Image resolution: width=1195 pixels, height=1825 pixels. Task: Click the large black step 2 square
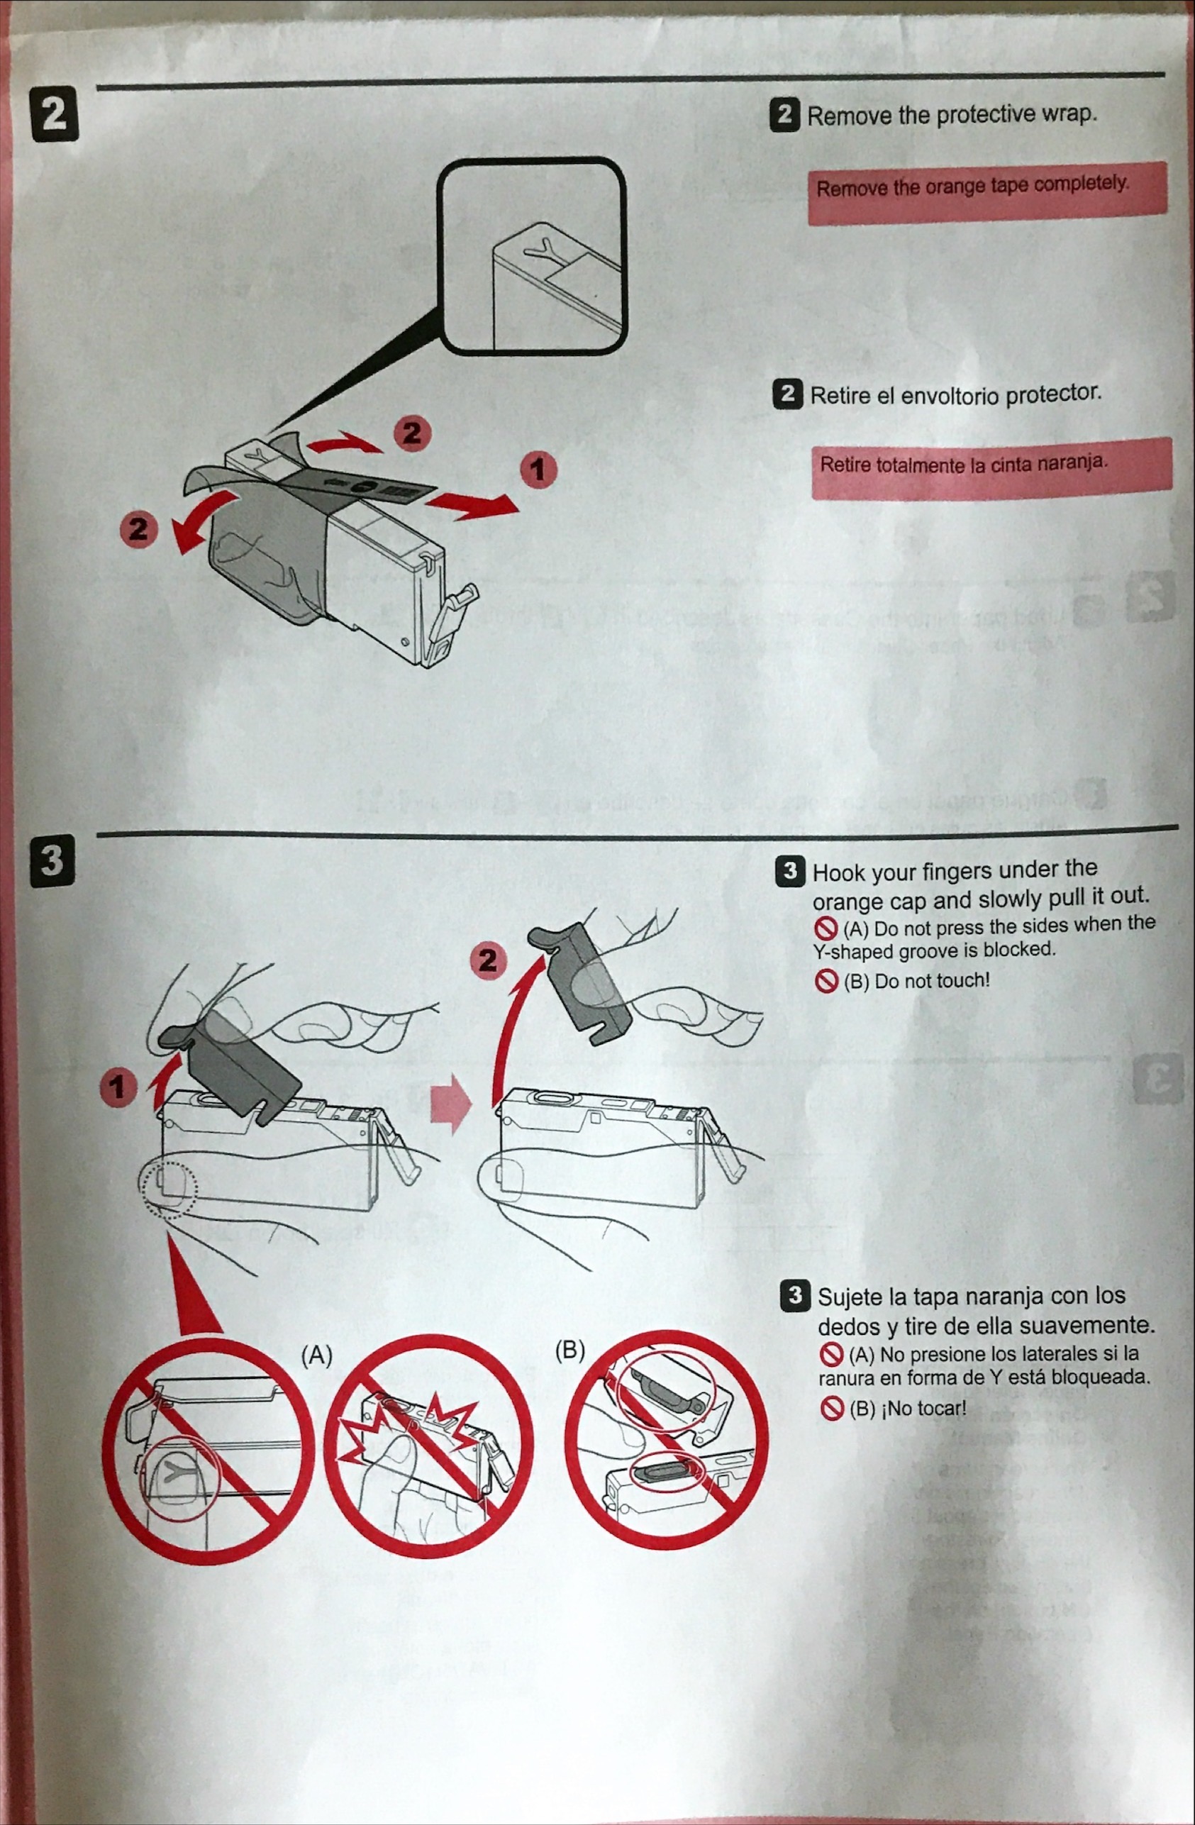coord(54,114)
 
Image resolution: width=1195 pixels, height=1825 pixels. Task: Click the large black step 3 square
coord(52,860)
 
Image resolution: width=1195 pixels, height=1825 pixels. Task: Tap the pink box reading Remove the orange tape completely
coord(986,191)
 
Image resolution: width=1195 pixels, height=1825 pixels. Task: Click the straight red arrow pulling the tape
coord(472,504)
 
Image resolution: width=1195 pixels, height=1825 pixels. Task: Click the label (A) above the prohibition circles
coord(316,1355)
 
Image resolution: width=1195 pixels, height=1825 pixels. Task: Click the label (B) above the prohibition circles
coord(569,1350)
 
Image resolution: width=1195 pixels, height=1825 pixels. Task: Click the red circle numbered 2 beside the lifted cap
coord(487,960)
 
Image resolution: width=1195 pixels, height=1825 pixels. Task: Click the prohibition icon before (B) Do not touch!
coord(826,981)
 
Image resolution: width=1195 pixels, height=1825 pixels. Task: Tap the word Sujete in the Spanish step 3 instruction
coord(850,1297)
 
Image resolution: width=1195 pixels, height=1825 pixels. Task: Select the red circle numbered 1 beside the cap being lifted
coord(117,1087)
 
